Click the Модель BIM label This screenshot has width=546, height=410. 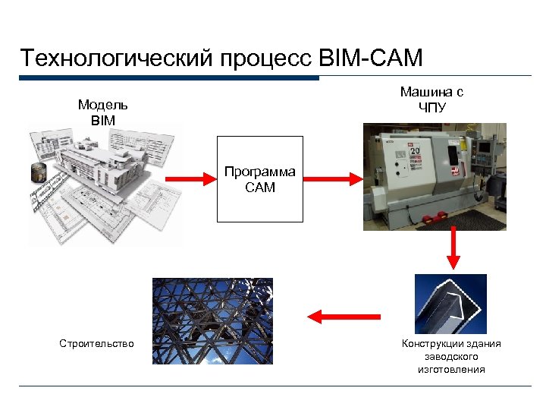(102, 112)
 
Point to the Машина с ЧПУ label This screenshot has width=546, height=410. (431, 99)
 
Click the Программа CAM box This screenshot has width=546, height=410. (260, 179)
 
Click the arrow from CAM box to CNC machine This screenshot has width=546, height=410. (333, 179)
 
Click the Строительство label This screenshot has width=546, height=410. (96, 344)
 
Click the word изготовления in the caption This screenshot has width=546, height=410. (451, 370)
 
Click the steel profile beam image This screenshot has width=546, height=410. (450, 303)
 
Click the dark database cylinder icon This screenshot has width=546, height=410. (38, 172)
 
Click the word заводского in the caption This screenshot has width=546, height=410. (451, 357)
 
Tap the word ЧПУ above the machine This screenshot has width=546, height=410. (432, 106)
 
